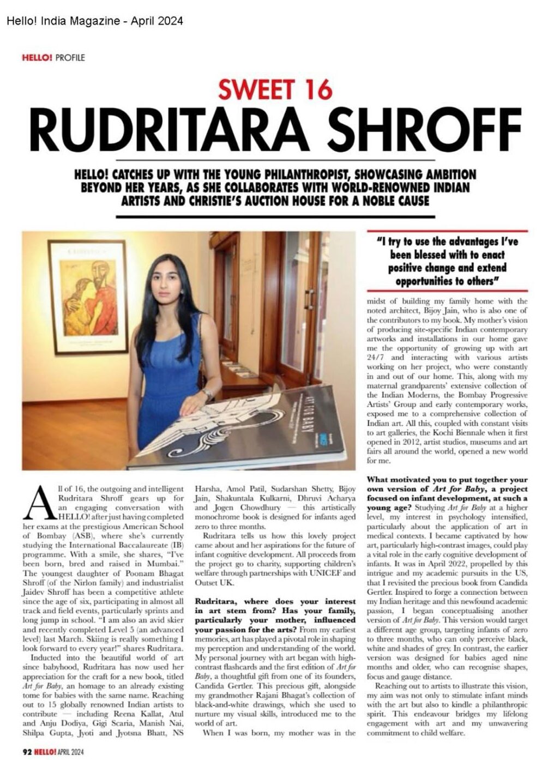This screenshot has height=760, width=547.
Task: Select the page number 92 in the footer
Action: pos(27,750)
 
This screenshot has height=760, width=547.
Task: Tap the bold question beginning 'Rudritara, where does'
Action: pos(275,611)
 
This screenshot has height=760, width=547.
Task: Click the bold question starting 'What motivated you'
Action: pos(447,488)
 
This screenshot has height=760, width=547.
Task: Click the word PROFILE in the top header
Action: pos(70,57)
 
